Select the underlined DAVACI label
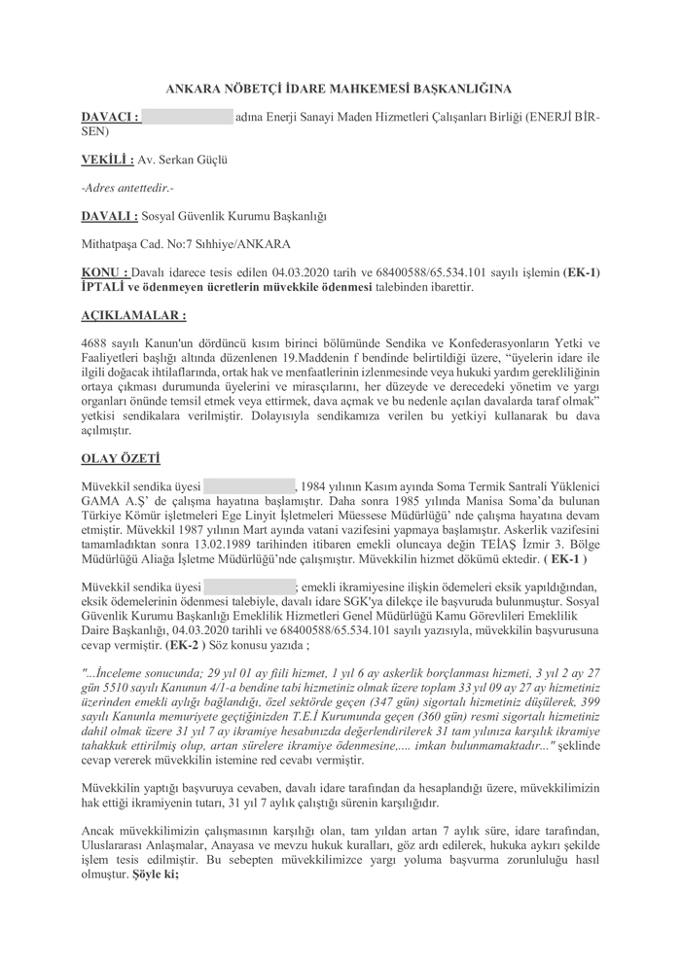110,117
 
